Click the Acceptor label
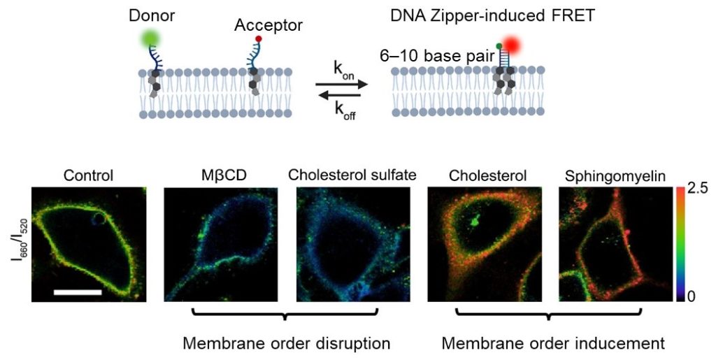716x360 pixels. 268,26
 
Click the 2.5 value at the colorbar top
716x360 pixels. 697,189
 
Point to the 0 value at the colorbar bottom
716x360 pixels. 691,296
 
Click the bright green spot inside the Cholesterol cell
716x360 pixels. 476,222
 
